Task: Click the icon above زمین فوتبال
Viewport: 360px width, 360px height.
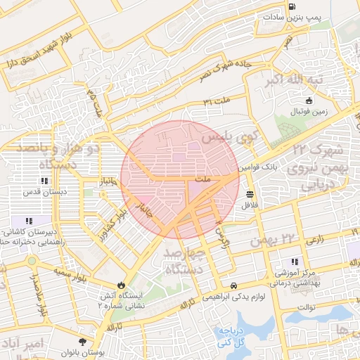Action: pos(309,101)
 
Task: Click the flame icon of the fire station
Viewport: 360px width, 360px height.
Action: pos(122,285)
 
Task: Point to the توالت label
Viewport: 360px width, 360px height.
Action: pos(308,307)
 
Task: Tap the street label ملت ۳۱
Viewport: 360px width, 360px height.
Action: pos(217,101)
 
